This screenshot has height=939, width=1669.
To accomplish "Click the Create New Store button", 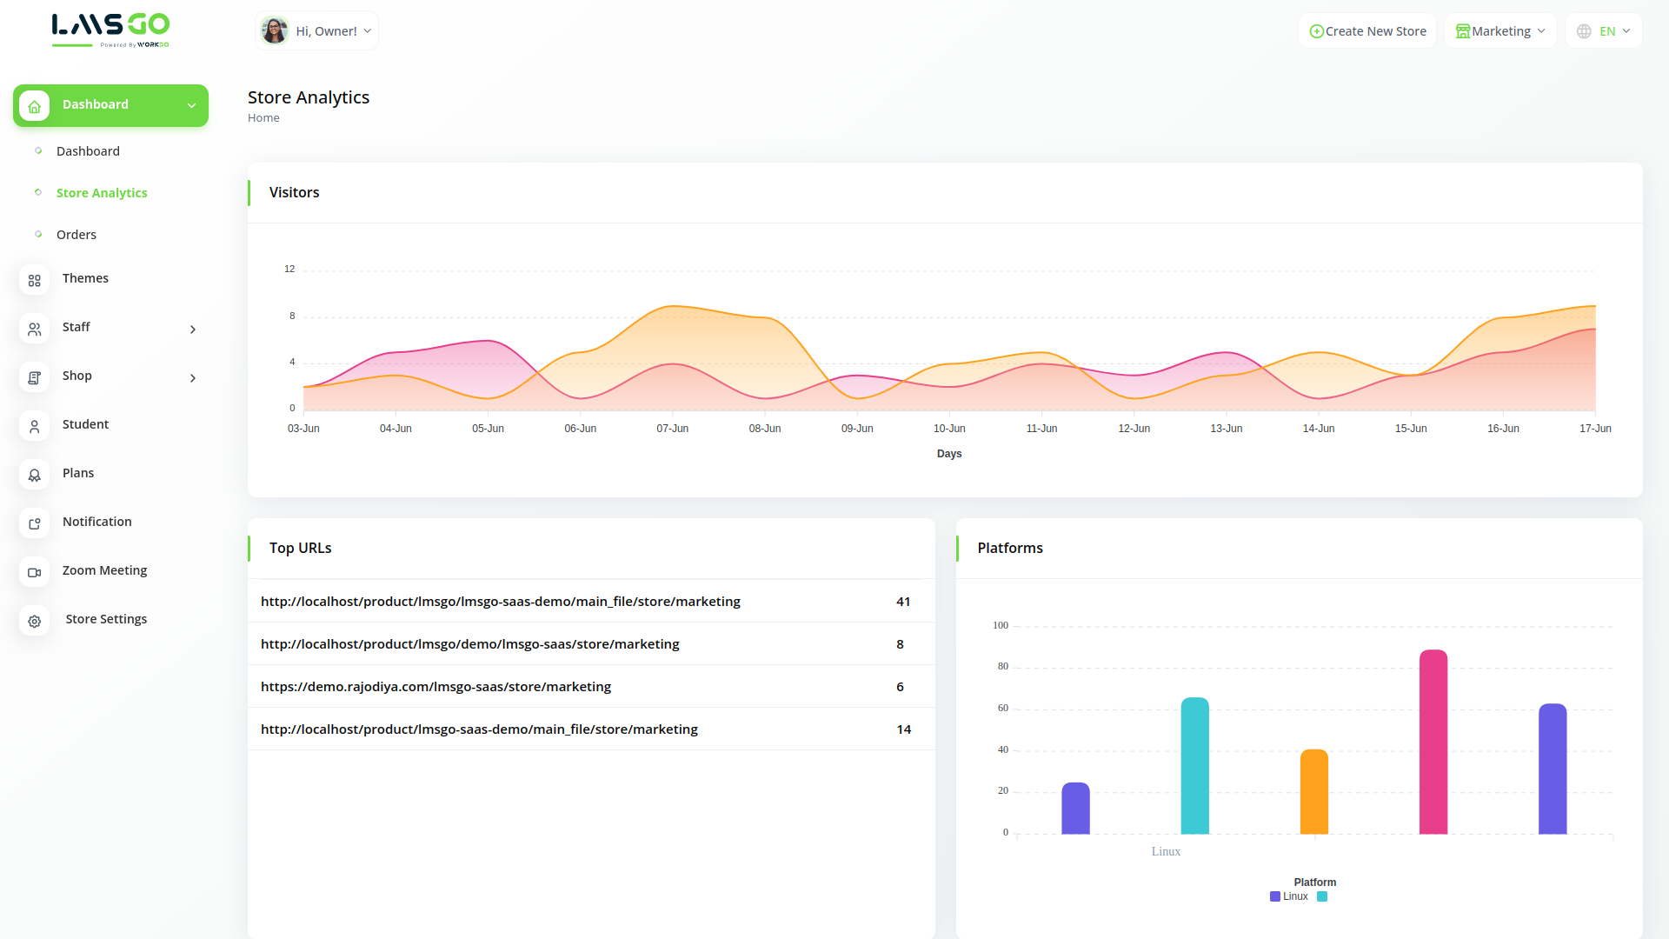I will [x=1367, y=31].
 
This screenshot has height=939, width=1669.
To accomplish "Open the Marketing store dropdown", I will [x=1500, y=31].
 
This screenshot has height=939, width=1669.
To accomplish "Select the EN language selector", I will [x=1604, y=31].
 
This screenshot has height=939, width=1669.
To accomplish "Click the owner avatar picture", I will [x=275, y=30].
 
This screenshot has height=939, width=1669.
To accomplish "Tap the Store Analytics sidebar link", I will [x=102, y=193].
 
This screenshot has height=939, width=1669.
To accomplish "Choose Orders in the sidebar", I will [x=76, y=235].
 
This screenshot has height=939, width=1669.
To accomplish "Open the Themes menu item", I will [x=85, y=278].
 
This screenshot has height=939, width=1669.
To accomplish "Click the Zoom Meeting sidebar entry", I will [x=104, y=570].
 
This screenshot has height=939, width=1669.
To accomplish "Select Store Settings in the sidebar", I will [x=106, y=619].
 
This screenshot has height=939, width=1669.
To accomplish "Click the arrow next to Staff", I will [x=193, y=330].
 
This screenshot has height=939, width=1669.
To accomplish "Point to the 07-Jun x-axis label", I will [x=672, y=429].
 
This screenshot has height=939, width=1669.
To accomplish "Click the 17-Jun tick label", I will [x=1595, y=429].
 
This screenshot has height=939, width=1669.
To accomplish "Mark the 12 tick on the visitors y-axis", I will [x=289, y=270].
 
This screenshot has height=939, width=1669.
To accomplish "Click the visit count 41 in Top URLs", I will [x=903, y=602].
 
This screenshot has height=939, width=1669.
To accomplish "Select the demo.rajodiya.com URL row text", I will [x=436, y=687].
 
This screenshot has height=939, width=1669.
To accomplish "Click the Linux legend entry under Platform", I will [x=1289, y=896].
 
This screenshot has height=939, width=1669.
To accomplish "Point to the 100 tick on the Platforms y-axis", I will [x=1001, y=625].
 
